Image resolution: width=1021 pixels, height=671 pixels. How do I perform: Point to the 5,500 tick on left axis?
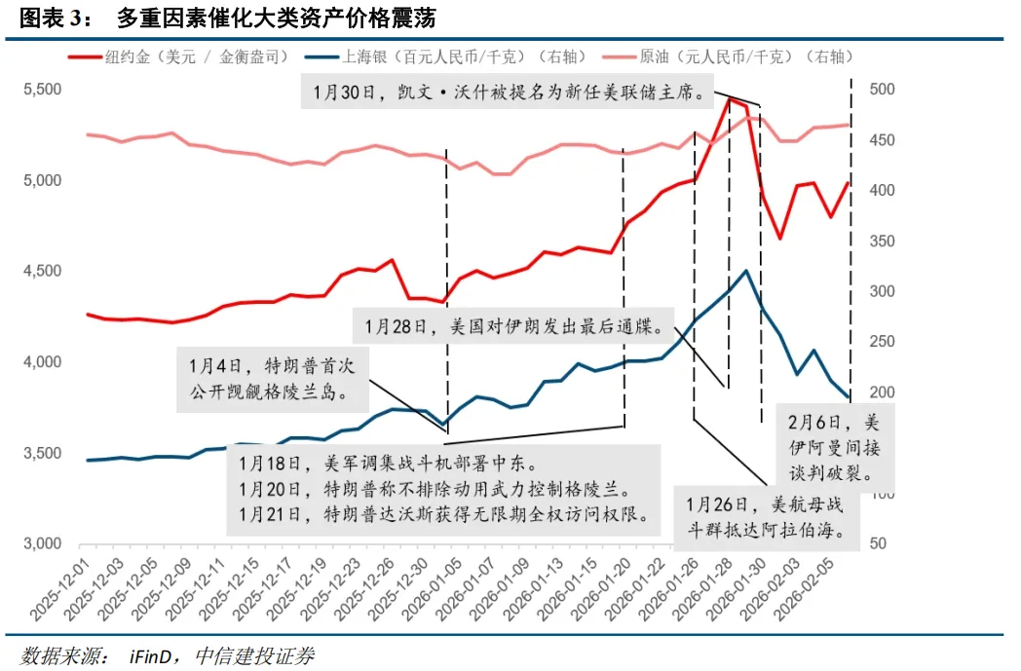(x=42, y=90)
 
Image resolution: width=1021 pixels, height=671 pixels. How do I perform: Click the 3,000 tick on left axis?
(x=42, y=544)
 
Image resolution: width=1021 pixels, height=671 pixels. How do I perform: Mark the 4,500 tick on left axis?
(x=42, y=272)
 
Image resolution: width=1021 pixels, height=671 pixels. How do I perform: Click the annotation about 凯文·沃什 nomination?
(x=510, y=93)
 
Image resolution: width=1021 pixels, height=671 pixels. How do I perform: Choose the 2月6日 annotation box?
(x=829, y=448)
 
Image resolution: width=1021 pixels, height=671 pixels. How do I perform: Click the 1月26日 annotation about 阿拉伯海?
(x=764, y=518)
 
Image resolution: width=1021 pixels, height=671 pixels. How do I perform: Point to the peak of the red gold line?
(x=730, y=98)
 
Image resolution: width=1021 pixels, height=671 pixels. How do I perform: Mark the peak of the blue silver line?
(x=745, y=271)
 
